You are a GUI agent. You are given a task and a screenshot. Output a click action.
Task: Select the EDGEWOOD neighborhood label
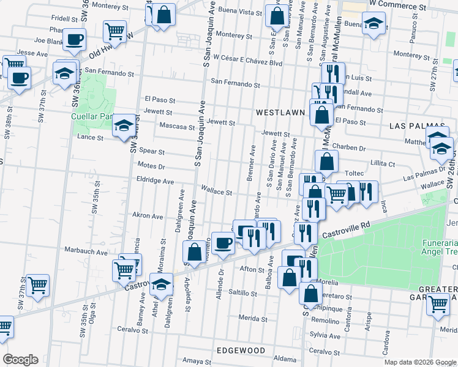click(241, 350)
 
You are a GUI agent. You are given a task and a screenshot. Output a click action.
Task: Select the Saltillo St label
click(242, 293)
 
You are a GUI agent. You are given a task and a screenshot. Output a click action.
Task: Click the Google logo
click(20, 359)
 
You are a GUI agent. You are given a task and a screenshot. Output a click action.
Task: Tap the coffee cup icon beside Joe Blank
click(75, 39)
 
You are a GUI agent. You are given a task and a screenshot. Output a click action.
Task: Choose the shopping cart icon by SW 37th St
click(38, 284)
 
